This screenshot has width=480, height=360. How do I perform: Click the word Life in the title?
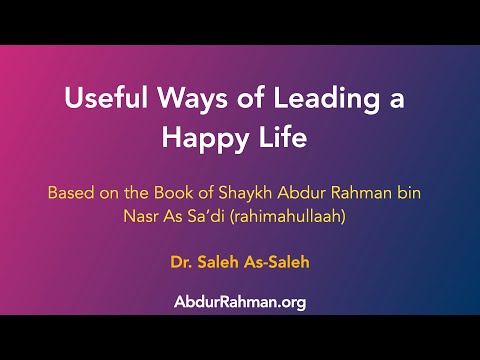282,138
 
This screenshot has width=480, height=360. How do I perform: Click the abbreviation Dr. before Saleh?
183,264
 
